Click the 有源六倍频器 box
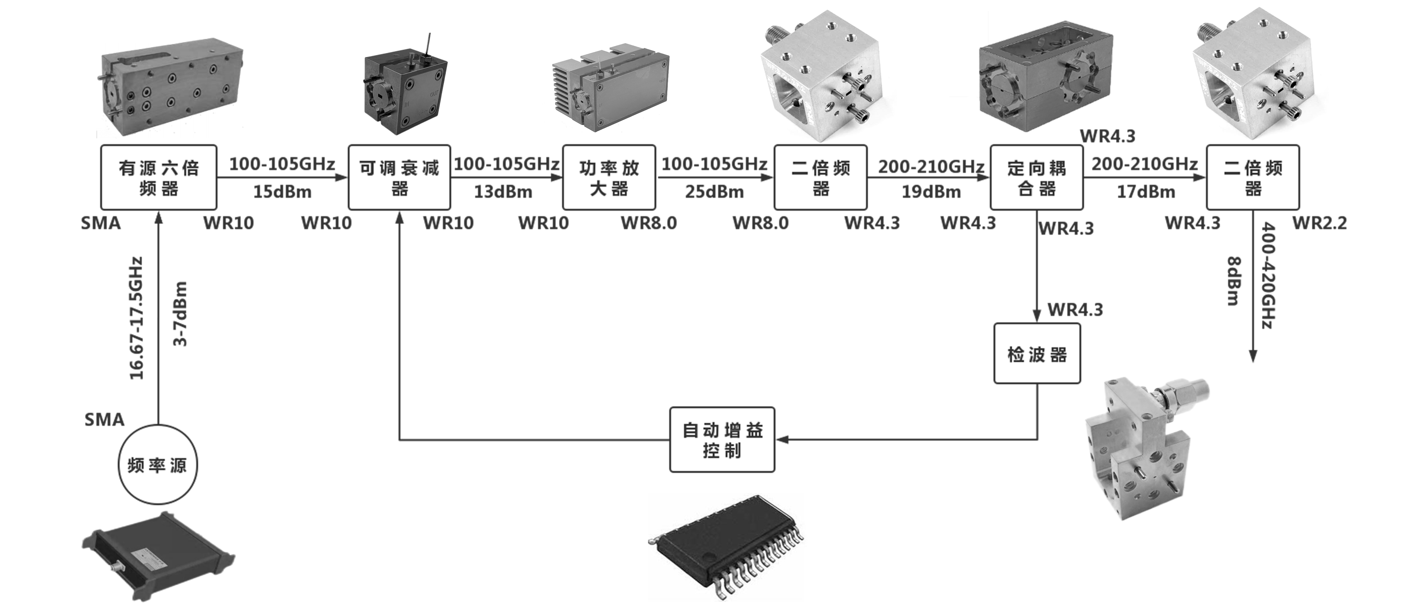click(159, 177)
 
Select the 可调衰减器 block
click(399, 177)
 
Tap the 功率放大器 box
click(609, 177)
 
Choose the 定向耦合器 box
click(1036, 177)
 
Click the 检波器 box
click(1037, 353)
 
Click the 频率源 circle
click(158, 465)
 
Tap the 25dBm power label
click(714, 192)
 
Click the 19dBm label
click(931, 192)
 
